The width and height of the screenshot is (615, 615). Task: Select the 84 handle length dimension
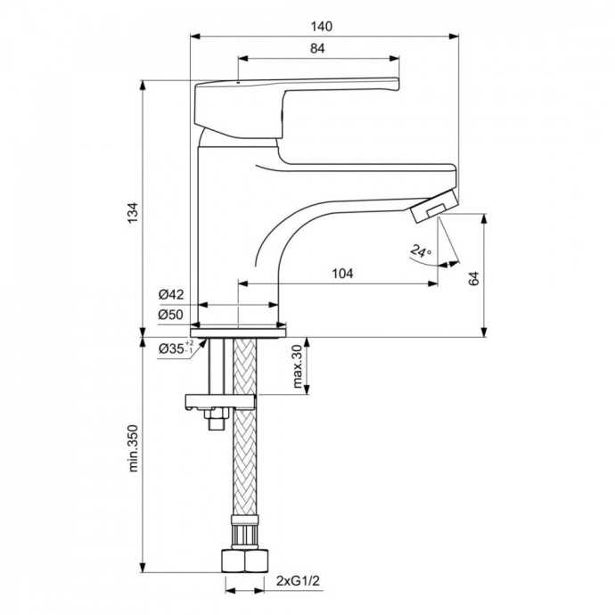coord(317,50)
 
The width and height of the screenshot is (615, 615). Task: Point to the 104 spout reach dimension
coord(339,275)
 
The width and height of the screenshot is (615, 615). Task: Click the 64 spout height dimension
coord(474,276)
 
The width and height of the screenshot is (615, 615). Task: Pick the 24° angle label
coord(421,252)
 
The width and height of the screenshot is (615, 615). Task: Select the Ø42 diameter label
coord(171,294)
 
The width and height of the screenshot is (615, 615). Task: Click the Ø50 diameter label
coord(171,314)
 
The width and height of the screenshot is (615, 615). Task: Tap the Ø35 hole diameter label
coord(174,348)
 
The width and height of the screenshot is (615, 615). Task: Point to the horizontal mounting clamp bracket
coord(220,402)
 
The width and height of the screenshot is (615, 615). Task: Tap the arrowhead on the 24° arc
coord(454,263)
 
